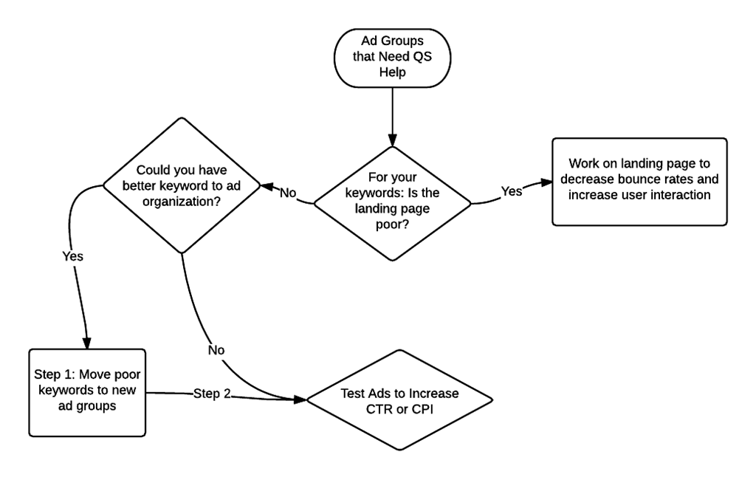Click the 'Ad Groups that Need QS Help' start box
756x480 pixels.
point(392,58)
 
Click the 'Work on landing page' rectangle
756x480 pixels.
point(639,181)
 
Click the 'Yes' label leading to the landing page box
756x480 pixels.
point(512,191)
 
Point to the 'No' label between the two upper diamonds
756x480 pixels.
point(287,193)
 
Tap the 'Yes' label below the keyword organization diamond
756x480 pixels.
point(72,256)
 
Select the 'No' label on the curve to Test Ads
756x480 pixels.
point(216,349)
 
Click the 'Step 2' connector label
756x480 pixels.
point(213,393)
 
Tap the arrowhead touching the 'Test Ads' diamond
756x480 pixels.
point(300,400)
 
